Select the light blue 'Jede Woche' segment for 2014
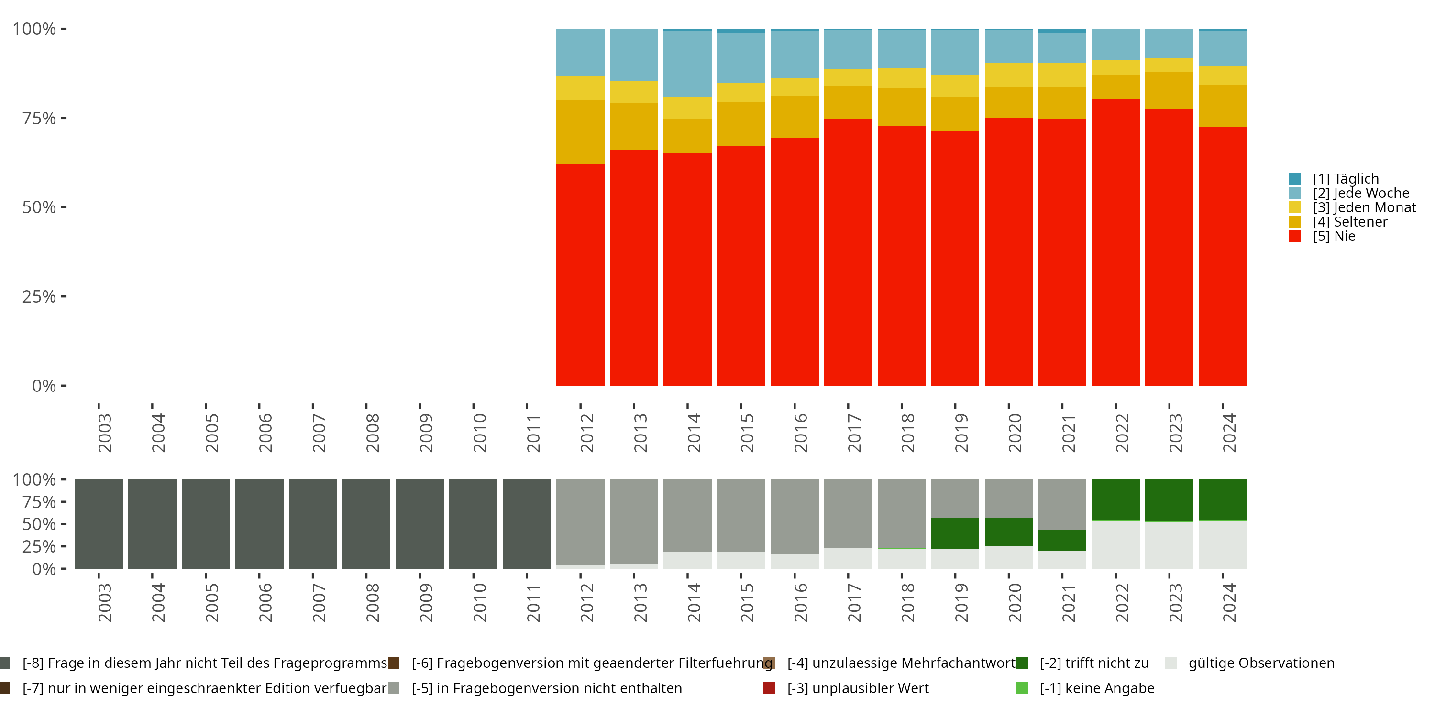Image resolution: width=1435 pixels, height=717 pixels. coord(687,64)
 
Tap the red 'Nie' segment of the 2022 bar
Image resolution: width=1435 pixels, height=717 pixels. coord(1115,242)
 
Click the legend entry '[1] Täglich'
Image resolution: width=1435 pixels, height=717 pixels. coord(1345,179)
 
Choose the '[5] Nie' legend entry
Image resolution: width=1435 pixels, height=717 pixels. coord(1334,236)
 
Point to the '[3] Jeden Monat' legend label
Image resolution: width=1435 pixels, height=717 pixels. coord(1364,207)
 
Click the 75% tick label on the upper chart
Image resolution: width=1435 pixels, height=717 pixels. coord(39,118)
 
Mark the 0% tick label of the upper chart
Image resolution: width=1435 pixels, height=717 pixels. coord(44,386)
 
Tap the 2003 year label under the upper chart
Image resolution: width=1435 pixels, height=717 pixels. coord(105,433)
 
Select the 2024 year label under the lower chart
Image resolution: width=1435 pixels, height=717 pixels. coord(1229,602)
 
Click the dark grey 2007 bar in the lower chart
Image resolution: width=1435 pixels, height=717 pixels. coord(312,524)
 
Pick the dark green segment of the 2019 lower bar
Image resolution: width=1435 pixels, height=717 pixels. coord(955,533)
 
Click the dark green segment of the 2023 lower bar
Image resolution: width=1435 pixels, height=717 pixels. coord(1169,500)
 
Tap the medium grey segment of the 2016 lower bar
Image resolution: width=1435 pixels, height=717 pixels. coord(795,516)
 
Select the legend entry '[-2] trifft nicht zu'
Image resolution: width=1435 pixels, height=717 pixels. coord(1093,663)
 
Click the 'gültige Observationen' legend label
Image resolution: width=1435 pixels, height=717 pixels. coord(1260,663)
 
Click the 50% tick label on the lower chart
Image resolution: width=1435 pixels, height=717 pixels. coord(39,524)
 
